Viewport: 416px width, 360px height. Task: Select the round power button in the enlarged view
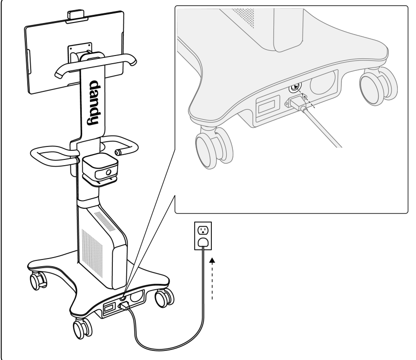(294, 87)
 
